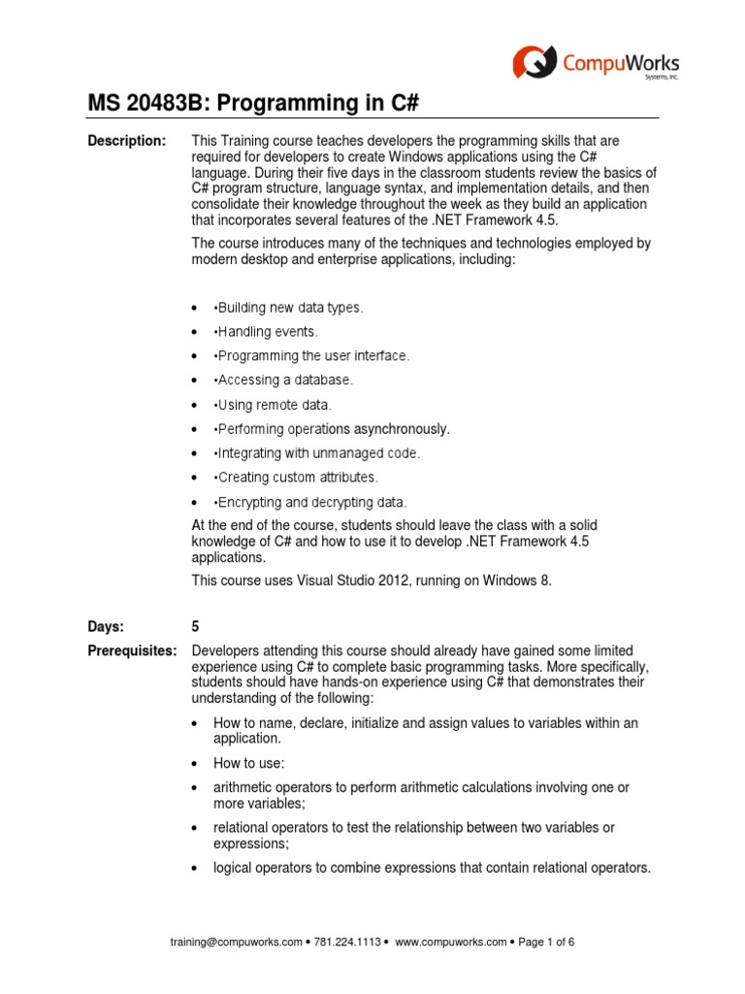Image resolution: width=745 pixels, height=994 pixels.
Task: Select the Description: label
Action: [x=127, y=142]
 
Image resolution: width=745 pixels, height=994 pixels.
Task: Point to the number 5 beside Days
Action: [x=196, y=627]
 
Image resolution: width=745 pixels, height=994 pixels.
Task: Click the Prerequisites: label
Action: [x=133, y=650]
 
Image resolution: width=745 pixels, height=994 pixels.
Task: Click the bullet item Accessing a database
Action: [x=285, y=381]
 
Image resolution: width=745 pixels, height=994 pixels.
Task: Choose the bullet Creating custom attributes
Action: [x=297, y=478]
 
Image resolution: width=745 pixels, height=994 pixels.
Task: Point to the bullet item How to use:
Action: [x=248, y=763]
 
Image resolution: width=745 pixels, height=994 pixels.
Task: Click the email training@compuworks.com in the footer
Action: [x=236, y=942]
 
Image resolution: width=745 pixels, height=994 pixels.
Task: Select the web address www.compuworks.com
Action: [x=451, y=942]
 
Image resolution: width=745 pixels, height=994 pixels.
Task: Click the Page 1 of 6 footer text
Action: [x=552, y=942]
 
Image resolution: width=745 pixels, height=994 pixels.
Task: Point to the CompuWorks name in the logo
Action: [x=621, y=63]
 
